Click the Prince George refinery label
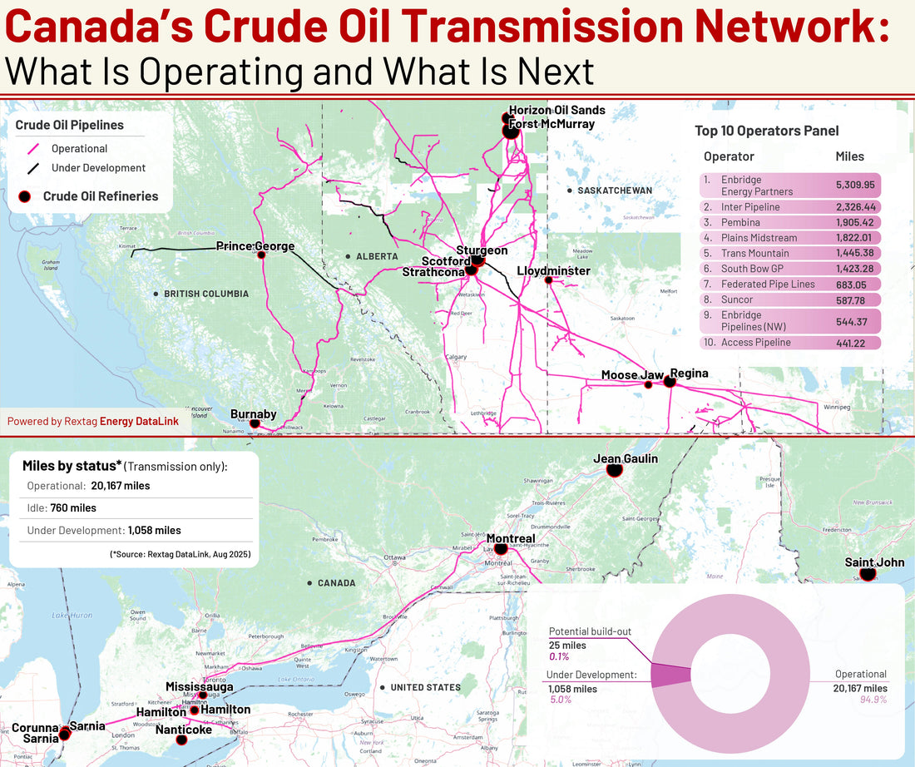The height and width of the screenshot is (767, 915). tap(255, 246)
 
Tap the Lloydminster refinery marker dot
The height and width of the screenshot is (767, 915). tap(548, 280)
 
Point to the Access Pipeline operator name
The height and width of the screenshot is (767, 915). tap(755, 343)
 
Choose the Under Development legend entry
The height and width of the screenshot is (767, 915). tap(98, 168)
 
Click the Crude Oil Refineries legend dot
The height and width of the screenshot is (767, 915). tap(25, 196)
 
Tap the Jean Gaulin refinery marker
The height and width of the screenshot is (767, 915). tap(615, 471)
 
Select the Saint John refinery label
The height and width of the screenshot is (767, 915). tap(873, 562)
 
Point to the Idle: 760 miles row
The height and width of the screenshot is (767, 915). tap(62, 507)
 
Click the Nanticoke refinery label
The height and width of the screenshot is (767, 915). tap(183, 730)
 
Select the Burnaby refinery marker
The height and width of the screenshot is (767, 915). tap(255, 424)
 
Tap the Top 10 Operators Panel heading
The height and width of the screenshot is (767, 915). tap(766, 131)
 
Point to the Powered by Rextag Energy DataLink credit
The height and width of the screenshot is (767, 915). tap(93, 421)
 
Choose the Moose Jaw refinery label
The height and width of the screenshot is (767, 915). tap(632, 375)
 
